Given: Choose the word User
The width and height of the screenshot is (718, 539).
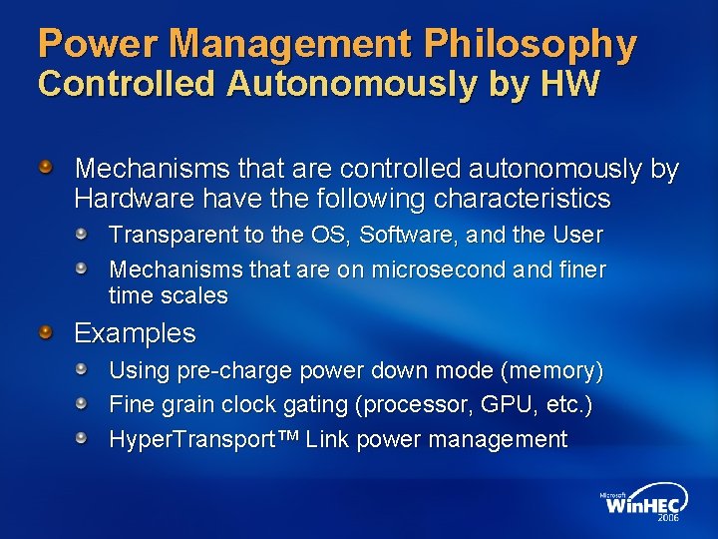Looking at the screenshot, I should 577,236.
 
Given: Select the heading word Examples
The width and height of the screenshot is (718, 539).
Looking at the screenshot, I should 135,332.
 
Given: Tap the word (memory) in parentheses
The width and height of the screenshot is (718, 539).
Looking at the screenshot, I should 551,371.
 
